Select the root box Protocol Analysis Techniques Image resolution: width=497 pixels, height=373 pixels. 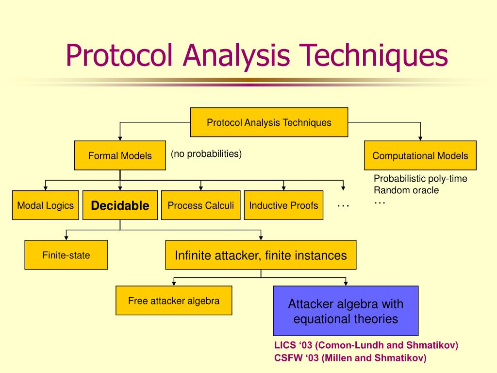coord(269,122)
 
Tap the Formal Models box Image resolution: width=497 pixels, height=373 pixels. coord(120,156)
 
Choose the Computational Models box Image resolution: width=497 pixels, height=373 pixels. coord(420,156)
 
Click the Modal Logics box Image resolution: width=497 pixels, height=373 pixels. coord(46,205)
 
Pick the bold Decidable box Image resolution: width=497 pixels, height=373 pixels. coord(120,205)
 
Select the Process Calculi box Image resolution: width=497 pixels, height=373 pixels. coord(201,205)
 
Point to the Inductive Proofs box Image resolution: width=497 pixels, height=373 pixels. coord(284,205)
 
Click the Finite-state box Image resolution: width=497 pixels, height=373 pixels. coord(66,255)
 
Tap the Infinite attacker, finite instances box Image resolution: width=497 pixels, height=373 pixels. coord(261,255)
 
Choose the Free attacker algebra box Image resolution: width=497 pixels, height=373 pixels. coord(174,301)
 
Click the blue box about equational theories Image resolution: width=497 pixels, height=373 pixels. coord(346,311)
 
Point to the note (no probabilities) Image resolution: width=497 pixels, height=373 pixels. coord(206,154)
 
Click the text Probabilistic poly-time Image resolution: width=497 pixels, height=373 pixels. coord(420,179)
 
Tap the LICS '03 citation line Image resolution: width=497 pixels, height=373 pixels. coord(366,346)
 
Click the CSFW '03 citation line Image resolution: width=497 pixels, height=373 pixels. coord(350,358)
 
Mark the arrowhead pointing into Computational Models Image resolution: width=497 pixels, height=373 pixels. coord(420,138)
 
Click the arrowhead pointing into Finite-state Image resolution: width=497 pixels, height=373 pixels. coord(66,237)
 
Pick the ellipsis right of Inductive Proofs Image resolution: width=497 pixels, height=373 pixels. coord(343,206)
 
